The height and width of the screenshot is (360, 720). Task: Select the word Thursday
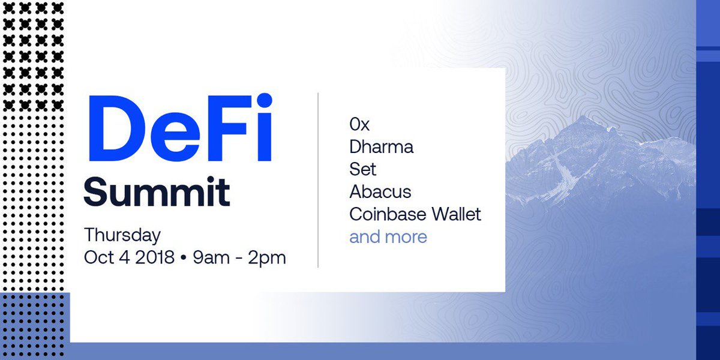pos(122,234)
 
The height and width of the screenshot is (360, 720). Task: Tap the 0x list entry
pos(359,124)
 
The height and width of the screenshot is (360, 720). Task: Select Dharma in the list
pos(381,146)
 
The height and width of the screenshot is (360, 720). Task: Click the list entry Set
pos(362,169)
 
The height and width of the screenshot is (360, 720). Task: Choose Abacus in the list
pos(380,191)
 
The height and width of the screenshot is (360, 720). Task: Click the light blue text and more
pos(388,236)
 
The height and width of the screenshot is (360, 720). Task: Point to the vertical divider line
pos(318,180)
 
